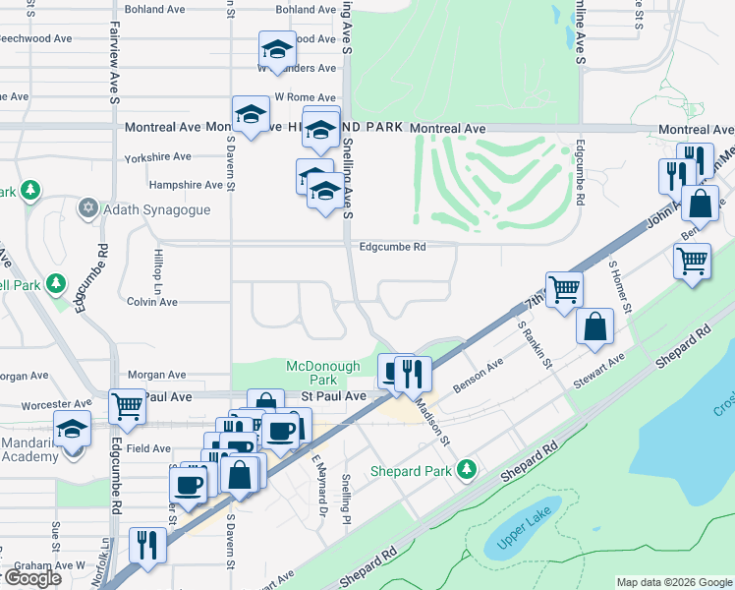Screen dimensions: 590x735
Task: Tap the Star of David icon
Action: [88, 209]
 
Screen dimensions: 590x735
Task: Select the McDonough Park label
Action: [324, 373]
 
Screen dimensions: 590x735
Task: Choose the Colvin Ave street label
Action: [152, 302]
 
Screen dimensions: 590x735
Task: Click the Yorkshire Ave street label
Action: [157, 157]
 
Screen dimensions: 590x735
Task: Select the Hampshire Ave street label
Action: [186, 185]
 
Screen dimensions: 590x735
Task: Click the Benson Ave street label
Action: [479, 376]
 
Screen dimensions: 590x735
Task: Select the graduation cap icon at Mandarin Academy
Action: [72, 430]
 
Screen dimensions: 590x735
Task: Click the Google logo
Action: [31, 578]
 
